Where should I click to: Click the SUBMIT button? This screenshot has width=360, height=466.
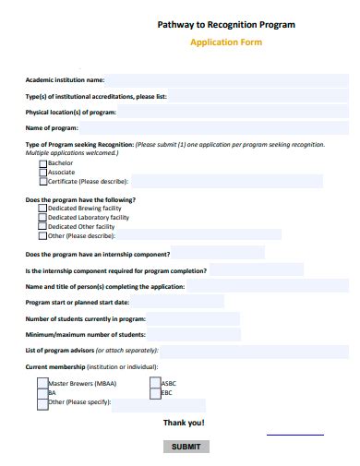click(x=186, y=447)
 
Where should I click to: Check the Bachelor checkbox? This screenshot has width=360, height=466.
click(x=43, y=162)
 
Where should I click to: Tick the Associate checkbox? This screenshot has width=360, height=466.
click(x=43, y=172)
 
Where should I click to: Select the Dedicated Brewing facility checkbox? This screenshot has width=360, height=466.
click(x=43, y=209)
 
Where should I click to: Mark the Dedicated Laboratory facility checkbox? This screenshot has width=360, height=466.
click(x=43, y=218)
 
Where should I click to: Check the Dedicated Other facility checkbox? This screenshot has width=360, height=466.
click(x=43, y=227)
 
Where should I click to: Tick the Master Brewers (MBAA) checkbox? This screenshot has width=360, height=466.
click(x=42, y=383)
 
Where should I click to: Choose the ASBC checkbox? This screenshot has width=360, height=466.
click(x=155, y=383)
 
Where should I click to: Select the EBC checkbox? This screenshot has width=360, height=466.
click(x=155, y=393)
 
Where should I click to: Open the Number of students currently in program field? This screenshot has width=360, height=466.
click(x=193, y=318)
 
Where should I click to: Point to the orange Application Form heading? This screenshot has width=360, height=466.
click(x=226, y=42)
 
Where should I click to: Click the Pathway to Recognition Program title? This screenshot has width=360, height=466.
click(x=226, y=25)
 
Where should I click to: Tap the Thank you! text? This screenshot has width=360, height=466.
click(x=184, y=423)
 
